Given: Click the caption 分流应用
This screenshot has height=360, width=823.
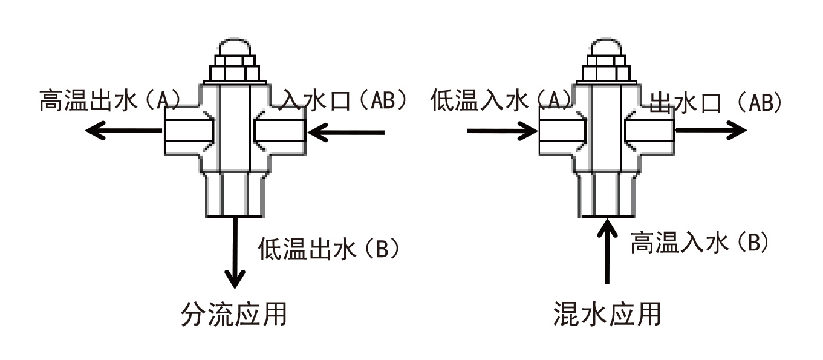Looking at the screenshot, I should click(233, 315).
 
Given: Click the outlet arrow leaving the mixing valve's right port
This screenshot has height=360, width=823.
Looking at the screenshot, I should click(711, 131).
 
